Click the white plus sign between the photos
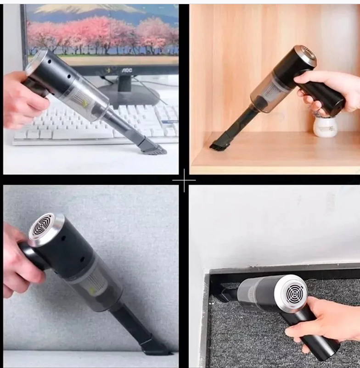[x=184, y=180]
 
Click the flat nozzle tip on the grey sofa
[x=156, y=347]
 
